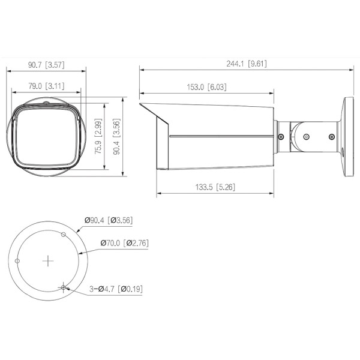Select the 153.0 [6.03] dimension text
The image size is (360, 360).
[207, 87]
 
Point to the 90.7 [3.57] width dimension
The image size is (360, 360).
[46, 62]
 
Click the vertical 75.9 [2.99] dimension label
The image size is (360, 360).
[100, 137]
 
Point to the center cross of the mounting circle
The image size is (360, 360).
[48, 261]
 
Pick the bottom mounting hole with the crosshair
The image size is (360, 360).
[63, 288]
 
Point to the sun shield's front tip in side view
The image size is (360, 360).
[142, 105]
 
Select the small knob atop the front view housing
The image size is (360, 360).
[46, 103]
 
